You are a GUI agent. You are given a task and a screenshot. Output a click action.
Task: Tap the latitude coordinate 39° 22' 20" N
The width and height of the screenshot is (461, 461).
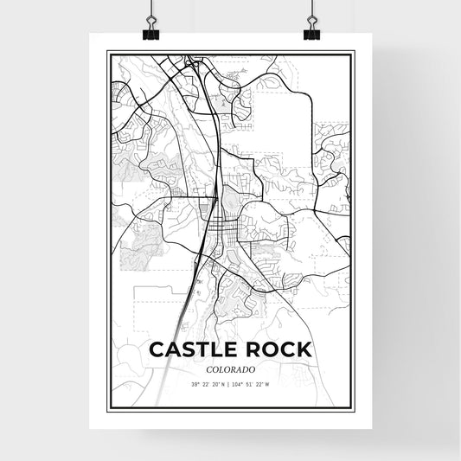pyautogui.click(x=205, y=385)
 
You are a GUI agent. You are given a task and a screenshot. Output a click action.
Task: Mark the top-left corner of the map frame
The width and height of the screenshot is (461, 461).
pyautogui.click(x=107, y=52)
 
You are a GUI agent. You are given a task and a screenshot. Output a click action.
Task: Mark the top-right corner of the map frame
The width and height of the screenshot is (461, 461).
pyautogui.click(x=354, y=52)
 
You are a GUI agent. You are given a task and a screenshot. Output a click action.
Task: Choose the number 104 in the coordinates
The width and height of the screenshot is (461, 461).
pyautogui.click(x=239, y=385)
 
